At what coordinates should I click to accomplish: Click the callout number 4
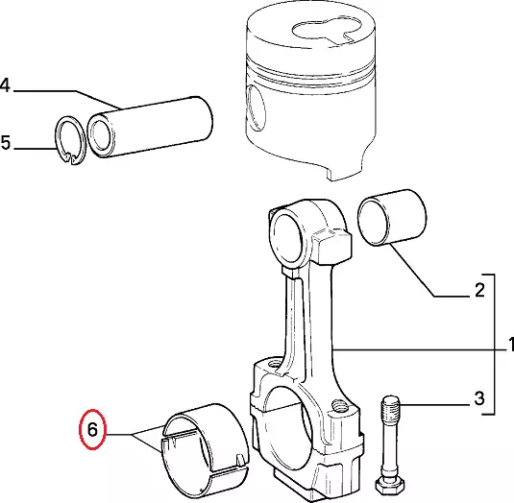(x=5, y=85)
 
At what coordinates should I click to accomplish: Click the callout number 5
(x=6, y=143)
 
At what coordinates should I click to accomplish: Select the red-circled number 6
(x=92, y=429)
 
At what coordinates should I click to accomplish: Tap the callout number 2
(x=479, y=290)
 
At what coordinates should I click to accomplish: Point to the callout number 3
(x=479, y=398)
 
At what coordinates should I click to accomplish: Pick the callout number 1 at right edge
(x=511, y=345)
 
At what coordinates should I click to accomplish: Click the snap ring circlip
(x=70, y=140)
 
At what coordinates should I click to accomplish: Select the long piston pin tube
(x=151, y=128)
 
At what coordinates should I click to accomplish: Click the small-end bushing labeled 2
(x=392, y=217)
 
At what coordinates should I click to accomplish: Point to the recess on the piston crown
(x=327, y=31)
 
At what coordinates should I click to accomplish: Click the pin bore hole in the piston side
(x=256, y=109)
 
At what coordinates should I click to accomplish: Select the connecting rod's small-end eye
(x=288, y=235)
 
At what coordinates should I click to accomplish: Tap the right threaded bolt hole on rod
(x=340, y=406)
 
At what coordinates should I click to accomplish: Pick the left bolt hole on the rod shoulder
(x=275, y=363)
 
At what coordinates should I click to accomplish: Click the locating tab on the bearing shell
(x=240, y=459)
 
